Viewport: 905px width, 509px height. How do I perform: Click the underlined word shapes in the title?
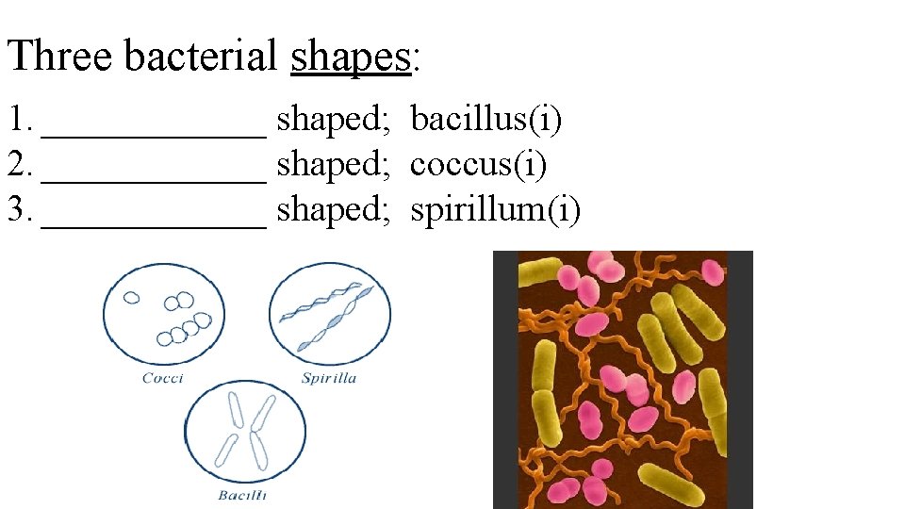click(351, 57)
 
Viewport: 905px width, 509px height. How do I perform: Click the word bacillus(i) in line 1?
click(486, 120)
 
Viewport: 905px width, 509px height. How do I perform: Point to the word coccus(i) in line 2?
click(478, 165)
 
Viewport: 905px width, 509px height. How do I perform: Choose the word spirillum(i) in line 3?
click(496, 210)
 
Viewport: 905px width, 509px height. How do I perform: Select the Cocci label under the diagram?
click(162, 379)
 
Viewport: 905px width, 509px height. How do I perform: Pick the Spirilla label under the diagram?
click(329, 379)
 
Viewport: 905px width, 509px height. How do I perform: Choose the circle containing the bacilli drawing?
click(245, 433)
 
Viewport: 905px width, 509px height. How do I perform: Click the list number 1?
click(19, 120)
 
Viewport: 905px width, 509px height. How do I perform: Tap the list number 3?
click(19, 210)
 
